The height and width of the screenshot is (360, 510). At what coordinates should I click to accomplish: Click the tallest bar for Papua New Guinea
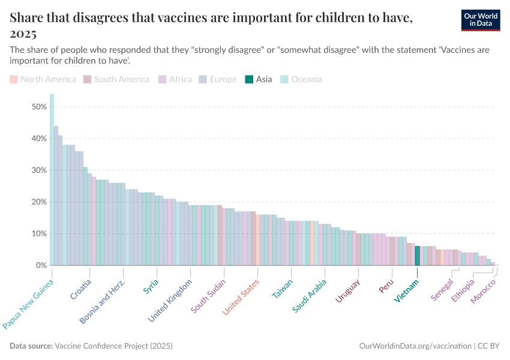tap(52, 180)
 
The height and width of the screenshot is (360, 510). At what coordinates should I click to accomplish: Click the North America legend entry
tap(43, 79)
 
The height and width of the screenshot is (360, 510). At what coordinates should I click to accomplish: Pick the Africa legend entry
tap(175, 79)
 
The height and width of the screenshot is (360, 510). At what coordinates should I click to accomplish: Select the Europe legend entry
tap(218, 79)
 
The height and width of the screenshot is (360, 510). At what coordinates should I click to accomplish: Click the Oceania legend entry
tap(301, 79)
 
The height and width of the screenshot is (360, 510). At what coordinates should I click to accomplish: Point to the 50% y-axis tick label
tap(39, 107)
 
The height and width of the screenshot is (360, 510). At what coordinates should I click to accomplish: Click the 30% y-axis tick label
tap(39, 170)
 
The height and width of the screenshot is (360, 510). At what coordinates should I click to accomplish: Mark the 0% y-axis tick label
tap(41, 265)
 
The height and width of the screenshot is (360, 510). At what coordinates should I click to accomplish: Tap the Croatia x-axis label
tap(81, 289)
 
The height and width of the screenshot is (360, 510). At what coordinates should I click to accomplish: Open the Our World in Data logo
tap(477, 20)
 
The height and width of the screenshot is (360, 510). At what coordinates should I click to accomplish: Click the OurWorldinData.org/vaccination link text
tap(415, 346)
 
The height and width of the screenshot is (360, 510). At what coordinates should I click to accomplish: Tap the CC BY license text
tap(488, 346)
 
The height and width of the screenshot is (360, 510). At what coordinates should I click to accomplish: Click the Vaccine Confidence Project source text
tap(113, 346)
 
